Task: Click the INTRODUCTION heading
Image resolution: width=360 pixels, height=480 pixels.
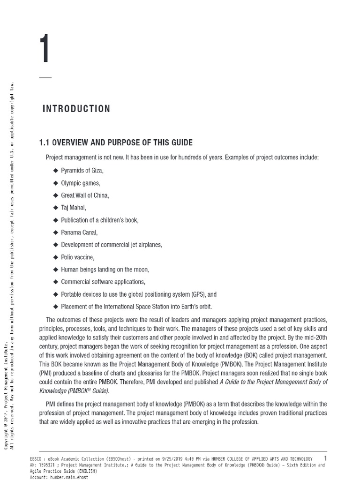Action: (76, 109)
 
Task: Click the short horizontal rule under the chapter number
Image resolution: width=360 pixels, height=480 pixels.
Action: (45, 77)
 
